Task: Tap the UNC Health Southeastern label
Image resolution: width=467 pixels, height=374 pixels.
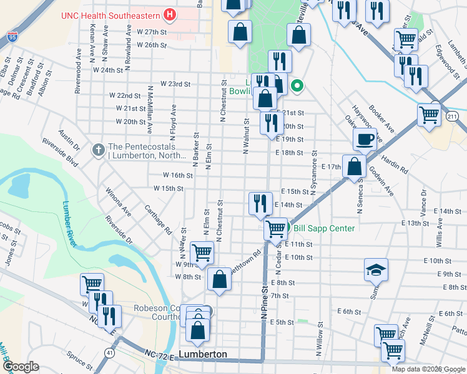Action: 111,14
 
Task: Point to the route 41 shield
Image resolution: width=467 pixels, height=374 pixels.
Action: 110,353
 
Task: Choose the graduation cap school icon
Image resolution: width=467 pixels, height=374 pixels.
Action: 376,269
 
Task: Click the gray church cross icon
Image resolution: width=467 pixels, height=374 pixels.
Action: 98,150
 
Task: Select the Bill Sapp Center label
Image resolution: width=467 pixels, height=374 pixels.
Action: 324,228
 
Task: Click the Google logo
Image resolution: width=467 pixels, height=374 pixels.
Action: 20,366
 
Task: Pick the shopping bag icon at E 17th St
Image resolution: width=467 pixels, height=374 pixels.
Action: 354,166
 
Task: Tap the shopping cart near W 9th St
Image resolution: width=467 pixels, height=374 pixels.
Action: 202,252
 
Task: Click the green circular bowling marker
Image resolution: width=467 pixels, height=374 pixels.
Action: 298,86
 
